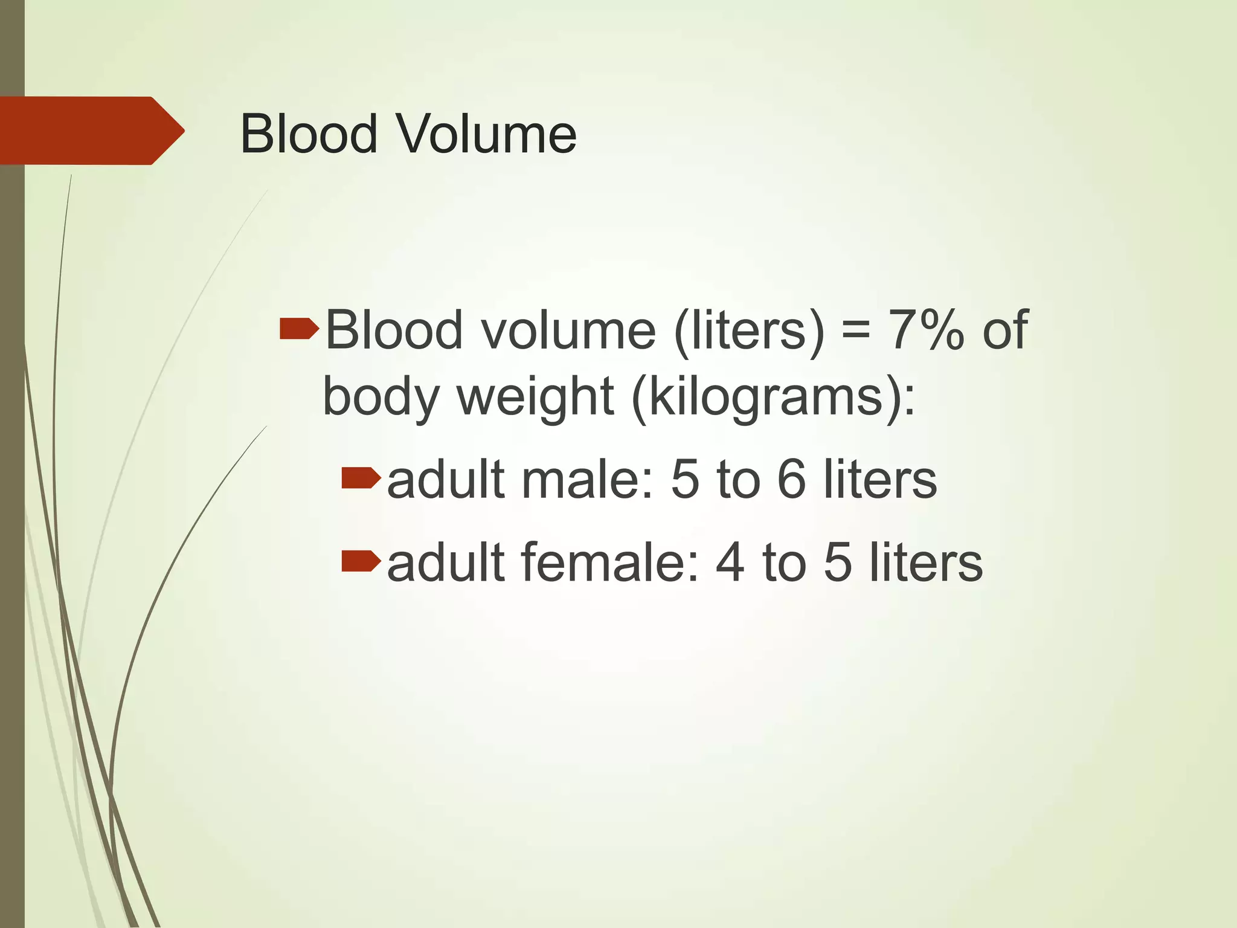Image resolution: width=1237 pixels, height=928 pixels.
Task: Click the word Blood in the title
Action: [x=309, y=134]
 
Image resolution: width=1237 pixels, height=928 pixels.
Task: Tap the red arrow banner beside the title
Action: [x=91, y=130]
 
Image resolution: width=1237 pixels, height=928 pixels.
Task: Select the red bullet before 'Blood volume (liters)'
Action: [x=299, y=330]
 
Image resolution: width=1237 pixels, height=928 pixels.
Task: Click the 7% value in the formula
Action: [x=925, y=330]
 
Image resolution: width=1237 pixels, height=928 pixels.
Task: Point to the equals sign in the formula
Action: [x=856, y=331]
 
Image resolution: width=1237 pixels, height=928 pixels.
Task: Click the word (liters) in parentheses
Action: [x=748, y=331]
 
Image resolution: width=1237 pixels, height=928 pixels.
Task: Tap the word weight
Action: [x=535, y=398]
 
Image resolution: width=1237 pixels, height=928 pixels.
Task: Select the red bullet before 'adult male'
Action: [x=361, y=478]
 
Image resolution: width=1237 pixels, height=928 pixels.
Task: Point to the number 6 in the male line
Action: [x=791, y=480]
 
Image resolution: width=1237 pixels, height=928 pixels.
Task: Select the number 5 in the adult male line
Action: [x=684, y=480]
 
